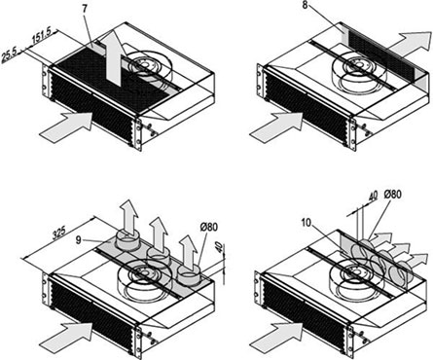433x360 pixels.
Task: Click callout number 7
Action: pos(85,9)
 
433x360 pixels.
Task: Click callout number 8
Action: pos(305,6)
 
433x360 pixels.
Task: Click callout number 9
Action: pos(78,240)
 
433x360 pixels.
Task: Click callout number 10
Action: pos(307,223)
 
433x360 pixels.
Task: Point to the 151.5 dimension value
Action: pos(42,35)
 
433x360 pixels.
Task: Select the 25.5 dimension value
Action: pos(9,55)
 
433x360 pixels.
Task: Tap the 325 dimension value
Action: pos(59,233)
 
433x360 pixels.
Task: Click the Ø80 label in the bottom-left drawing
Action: pos(208,227)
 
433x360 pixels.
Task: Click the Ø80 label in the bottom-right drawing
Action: pos(392,195)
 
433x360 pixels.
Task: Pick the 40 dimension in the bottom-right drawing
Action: pos(374,196)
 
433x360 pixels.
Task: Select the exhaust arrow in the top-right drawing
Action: pos(410,46)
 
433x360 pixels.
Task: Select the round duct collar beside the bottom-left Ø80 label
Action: pos(189,276)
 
